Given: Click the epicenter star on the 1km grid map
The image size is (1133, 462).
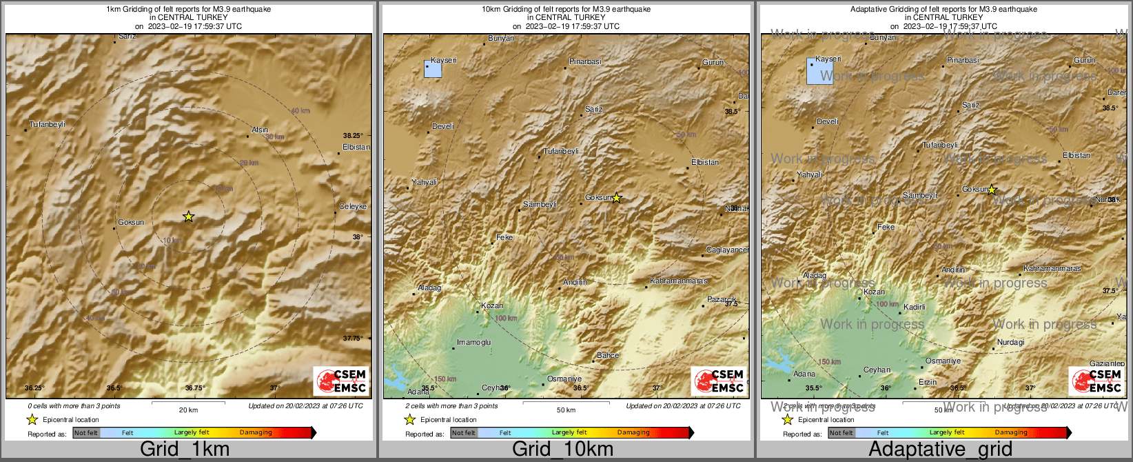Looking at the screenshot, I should click(x=188, y=217).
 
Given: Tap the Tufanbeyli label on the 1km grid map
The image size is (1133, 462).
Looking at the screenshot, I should click(x=47, y=125).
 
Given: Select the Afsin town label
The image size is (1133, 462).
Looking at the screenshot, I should click(x=260, y=130).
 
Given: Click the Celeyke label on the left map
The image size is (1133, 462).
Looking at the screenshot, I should click(x=353, y=206).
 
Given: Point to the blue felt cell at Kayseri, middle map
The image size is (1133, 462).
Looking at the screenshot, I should click(x=432, y=68).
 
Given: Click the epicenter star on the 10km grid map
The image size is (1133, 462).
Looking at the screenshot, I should click(x=617, y=198).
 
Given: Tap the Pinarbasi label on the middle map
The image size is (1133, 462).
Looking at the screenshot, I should click(x=585, y=62).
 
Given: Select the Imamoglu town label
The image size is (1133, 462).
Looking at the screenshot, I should click(x=474, y=343).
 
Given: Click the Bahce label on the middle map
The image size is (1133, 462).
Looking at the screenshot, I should click(x=608, y=355).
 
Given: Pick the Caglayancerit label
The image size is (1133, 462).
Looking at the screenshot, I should click(x=728, y=250).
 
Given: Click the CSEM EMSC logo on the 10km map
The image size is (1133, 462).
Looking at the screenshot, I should click(x=719, y=381).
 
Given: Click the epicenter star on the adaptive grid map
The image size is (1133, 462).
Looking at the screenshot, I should click(x=992, y=190).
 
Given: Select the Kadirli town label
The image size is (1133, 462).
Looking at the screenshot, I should click(x=915, y=307).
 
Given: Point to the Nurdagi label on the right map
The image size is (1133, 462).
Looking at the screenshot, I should click(x=1011, y=342).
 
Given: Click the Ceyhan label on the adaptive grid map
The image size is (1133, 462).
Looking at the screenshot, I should click(x=877, y=370).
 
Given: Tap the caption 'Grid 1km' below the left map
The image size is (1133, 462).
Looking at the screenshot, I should click(x=185, y=450).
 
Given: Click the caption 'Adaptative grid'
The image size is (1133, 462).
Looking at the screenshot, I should click(x=940, y=450).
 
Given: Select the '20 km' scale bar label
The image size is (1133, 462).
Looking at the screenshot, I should click(x=188, y=410).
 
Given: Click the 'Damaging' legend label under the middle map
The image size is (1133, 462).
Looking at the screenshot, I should click(x=633, y=432).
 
